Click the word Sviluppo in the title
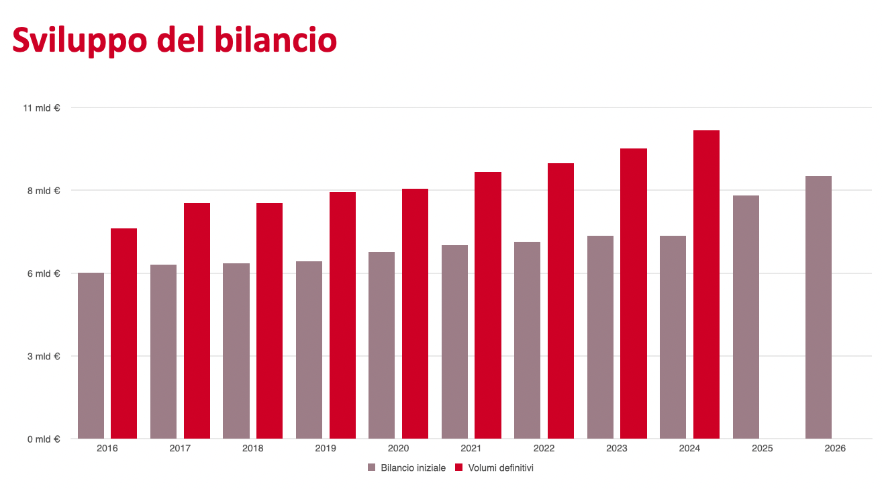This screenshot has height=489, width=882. pyautogui.click(x=80, y=40)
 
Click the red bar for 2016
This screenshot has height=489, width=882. pyautogui.click(x=124, y=333)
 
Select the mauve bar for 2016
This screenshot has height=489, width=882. pyautogui.click(x=91, y=355)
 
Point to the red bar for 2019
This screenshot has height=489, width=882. pyautogui.click(x=342, y=315)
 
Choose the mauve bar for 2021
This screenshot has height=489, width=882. pyautogui.click(x=454, y=342)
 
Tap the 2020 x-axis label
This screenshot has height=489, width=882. pyautogui.click(x=398, y=448)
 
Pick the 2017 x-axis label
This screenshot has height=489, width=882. pyautogui.click(x=180, y=448)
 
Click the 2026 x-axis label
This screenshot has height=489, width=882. pyautogui.click(x=835, y=448)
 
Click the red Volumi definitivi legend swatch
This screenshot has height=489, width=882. pyautogui.click(x=459, y=468)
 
